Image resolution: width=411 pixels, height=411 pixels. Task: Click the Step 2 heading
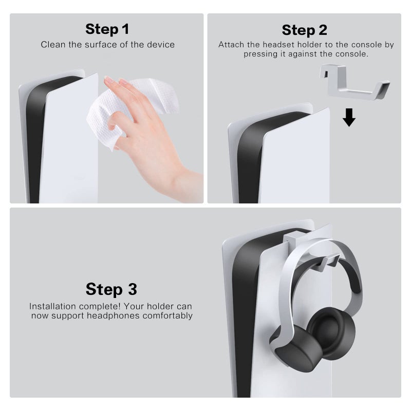pyautogui.click(x=304, y=29)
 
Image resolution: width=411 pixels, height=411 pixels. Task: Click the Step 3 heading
pyautogui.click(x=111, y=289)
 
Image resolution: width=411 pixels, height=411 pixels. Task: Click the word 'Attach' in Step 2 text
pyautogui.click(x=232, y=45)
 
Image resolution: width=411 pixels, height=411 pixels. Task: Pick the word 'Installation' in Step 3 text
pyautogui.click(x=54, y=306)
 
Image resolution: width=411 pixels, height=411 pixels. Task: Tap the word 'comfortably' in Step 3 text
pyautogui.click(x=168, y=315)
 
